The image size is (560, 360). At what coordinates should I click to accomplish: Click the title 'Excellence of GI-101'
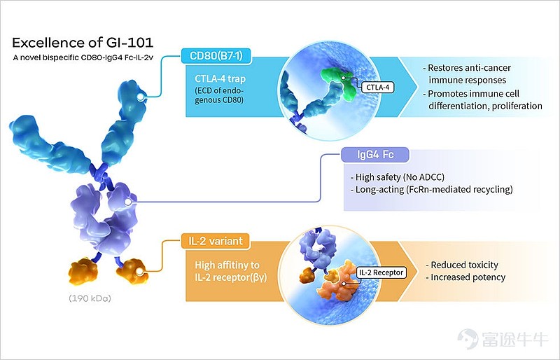pos(83,43)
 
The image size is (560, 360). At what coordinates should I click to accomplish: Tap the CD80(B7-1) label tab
pos(216,56)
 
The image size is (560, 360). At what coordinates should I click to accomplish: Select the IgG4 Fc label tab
pos(375,155)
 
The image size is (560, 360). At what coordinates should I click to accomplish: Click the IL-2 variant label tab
pos(216,242)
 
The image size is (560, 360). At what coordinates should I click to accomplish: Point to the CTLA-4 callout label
pos(377,88)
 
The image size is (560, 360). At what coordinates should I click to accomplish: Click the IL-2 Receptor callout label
pos(381,272)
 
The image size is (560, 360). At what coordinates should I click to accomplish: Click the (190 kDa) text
pos(90,298)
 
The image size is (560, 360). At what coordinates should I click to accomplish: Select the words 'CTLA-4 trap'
pos(220,78)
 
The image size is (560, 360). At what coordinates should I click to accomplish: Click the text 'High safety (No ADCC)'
pos(398,177)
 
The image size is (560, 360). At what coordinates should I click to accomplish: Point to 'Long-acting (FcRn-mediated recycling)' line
pos(431,189)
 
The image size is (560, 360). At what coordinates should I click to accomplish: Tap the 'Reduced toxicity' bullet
pos(462,265)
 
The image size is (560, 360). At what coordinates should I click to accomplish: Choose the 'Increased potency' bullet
pos(465,277)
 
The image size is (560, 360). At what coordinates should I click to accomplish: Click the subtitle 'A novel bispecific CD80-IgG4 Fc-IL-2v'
pos(83,57)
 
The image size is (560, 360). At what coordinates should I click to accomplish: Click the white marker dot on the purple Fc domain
pos(127,202)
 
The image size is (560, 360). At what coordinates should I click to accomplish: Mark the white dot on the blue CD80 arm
pos(141,97)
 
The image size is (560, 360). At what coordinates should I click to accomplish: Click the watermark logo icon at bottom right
pos(468,339)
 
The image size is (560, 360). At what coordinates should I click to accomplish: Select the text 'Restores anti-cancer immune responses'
pos(467,74)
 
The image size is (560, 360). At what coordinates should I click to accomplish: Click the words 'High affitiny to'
pos(227,265)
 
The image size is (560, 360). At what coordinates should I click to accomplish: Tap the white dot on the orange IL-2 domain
pos(139,272)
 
